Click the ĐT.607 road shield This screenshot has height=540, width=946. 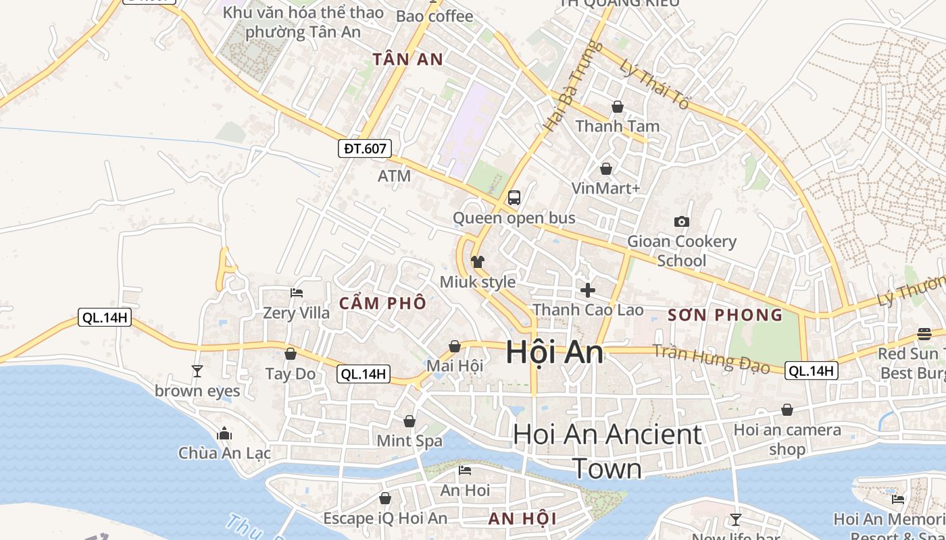(365, 148)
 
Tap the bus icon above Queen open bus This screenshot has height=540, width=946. (514, 198)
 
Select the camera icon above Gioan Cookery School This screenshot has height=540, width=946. (682, 221)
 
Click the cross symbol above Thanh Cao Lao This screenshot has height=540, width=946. (588, 290)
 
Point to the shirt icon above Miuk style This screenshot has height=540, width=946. (478, 262)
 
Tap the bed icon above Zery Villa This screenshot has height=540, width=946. (297, 293)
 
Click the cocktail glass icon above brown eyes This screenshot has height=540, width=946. (197, 371)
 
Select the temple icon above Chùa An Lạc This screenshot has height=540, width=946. (224, 433)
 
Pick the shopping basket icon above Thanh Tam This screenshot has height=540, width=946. (618, 107)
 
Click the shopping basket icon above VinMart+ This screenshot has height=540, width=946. (606, 169)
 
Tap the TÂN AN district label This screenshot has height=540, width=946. (408, 59)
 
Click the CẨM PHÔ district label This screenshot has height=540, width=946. (382, 303)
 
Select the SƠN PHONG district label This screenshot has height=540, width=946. (725, 315)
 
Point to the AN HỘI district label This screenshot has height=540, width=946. (522, 518)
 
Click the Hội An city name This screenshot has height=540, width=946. (554, 352)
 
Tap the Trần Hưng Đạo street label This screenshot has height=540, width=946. (712, 358)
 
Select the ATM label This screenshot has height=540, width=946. (394, 176)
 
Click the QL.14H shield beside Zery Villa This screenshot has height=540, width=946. (104, 317)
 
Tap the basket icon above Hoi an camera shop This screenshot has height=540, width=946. (787, 410)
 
